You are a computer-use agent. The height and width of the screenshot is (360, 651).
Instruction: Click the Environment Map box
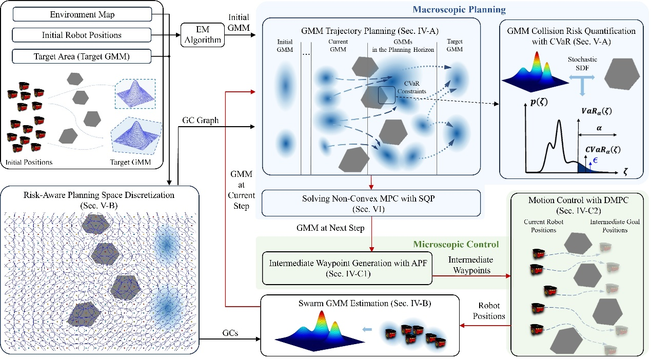tap(82, 14)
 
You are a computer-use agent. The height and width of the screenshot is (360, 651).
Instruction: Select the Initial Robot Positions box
tap(82, 35)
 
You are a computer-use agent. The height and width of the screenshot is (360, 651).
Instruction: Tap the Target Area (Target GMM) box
tap(82, 56)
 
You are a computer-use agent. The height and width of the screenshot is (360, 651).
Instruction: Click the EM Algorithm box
tap(203, 34)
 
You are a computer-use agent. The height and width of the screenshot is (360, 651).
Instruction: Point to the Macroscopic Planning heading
tap(459, 9)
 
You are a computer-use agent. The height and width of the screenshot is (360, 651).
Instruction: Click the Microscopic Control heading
tap(456, 244)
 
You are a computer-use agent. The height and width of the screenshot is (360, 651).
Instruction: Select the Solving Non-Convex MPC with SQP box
tap(371, 203)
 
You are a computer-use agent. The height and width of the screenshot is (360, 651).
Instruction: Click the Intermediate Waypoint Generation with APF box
tap(347, 268)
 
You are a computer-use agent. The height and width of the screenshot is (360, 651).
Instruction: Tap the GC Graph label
tap(200, 120)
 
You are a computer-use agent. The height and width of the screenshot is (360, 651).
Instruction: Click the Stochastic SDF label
tap(582, 64)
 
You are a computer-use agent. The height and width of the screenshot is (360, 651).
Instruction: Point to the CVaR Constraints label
tap(411, 87)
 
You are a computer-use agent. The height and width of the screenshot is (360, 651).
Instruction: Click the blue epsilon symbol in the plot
tap(595, 160)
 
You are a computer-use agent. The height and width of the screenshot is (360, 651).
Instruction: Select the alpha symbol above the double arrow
tap(599, 128)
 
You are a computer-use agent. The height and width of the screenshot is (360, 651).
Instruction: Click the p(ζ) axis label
tap(539, 102)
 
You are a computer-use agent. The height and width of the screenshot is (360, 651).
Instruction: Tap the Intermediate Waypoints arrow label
tap(471, 265)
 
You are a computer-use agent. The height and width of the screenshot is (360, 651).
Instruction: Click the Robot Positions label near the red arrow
tap(489, 311)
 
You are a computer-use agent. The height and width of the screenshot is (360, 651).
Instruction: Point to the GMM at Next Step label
tap(330, 228)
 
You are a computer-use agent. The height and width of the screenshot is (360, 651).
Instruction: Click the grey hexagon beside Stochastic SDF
tap(622, 74)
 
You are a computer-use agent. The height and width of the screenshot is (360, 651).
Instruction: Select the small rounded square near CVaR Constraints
tap(386, 95)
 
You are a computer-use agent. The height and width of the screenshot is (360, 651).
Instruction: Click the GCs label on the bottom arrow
tap(230, 333)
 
